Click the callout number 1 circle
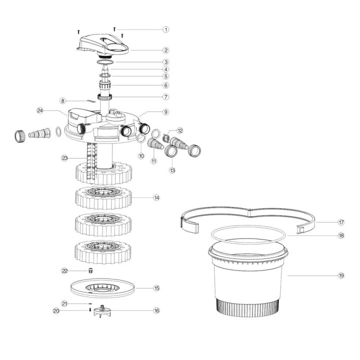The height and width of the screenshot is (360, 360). pyautogui.click(x=166, y=29)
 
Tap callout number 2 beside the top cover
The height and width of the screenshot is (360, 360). pyautogui.click(x=166, y=50)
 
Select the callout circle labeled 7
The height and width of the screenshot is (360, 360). pyautogui.click(x=166, y=96)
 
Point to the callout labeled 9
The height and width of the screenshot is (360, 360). pyautogui.click(x=166, y=112)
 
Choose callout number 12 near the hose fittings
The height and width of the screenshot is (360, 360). pyautogui.click(x=180, y=130)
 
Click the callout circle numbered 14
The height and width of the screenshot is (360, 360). pyautogui.click(x=156, y=198)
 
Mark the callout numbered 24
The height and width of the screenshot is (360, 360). pyautogui.click(x=40, y=110)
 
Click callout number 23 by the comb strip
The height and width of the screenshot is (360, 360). pyautogui.click(x=64, y=158)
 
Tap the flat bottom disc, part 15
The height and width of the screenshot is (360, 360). pyautogui.click(x=103, y=288)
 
